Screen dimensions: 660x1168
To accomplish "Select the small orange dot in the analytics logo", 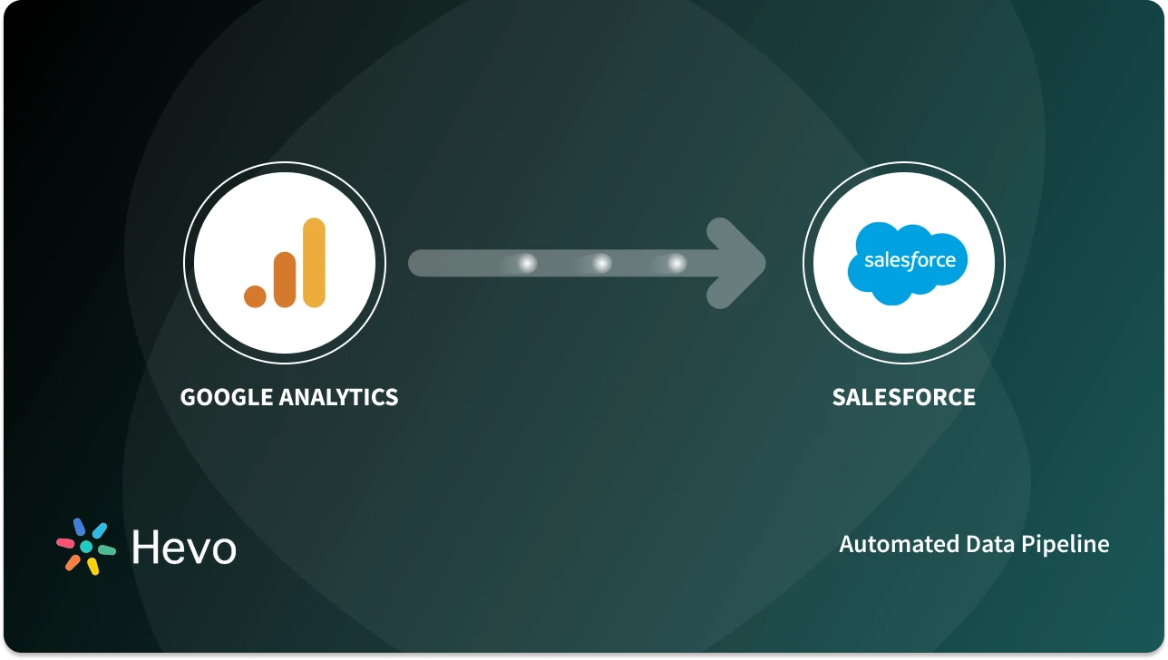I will [256, 295].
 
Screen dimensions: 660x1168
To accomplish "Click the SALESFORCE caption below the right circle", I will [903, 397].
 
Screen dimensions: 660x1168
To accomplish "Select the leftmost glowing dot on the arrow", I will [527, 263].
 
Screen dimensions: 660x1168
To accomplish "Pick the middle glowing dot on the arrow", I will [601, 263].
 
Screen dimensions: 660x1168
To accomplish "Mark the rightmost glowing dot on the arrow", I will [676, 263].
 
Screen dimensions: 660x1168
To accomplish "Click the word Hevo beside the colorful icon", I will [184, 547].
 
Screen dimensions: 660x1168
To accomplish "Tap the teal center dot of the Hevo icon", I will [86, 547].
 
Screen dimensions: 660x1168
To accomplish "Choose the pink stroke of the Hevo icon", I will [65, 543].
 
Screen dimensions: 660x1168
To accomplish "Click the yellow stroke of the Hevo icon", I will [92, 567].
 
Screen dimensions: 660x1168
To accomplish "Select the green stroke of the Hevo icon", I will [106, 549].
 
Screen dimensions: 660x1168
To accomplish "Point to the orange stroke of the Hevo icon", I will [73, 562].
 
